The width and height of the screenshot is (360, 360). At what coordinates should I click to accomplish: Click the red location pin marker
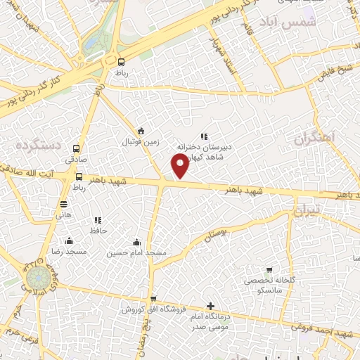[181, 165]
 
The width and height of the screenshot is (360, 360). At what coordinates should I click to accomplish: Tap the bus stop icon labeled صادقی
[77, 148]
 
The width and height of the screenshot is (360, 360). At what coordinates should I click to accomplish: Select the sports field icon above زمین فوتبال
[141, 131]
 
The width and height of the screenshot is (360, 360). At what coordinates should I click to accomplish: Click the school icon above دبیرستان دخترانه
[203, 136]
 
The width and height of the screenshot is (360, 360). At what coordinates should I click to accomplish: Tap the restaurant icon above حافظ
[98, 221]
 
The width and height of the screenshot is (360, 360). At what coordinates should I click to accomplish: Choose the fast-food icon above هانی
[64, 205]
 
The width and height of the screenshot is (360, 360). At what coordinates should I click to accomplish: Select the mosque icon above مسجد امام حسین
[136, 241]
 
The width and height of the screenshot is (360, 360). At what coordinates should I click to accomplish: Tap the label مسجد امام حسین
[136, 252]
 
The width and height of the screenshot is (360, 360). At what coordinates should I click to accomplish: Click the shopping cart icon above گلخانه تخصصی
[269, 270]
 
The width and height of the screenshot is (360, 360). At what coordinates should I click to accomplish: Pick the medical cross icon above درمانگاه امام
[210, 306]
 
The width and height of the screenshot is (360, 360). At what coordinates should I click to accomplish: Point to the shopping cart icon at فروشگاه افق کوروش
[153, 299]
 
